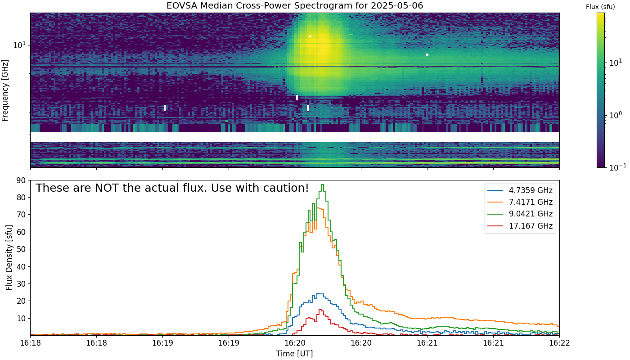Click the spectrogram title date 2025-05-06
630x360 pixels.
pos(397,5)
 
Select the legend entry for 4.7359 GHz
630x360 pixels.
pos(520,190)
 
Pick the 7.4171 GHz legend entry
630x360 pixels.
pos(520,202)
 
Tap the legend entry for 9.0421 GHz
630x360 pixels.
pos(520,214)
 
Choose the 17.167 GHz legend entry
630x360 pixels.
pos(520,226)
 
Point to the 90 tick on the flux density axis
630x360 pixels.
pos(21,180)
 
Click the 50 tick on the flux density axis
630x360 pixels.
pos(21,249)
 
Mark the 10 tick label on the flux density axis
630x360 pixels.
pos(21,319)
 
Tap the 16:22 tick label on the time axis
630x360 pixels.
pos(559,343)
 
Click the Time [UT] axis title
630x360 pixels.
pos(294,354)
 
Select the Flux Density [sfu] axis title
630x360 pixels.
pos(9,257)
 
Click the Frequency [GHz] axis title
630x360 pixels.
pos(5,90)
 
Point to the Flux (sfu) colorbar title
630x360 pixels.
pos(600,7)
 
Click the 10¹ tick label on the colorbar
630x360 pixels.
pos(617,62)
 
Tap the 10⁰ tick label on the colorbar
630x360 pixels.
pos(617,115)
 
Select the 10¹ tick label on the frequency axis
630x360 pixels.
pos(19,45)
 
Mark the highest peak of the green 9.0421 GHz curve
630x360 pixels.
pos(323,184)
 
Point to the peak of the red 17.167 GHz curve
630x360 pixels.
pos(320,310)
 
